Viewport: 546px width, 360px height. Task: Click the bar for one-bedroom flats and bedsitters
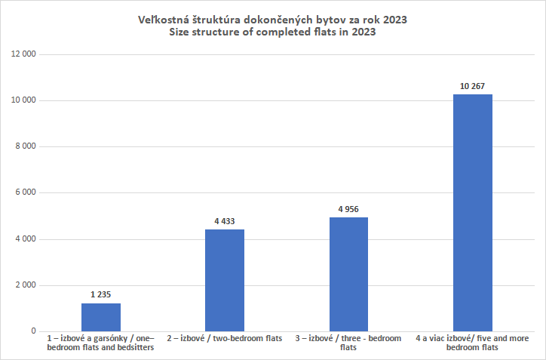pos(101,317)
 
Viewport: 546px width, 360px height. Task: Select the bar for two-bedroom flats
pos(225,280)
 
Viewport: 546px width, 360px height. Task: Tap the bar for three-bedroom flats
pos(348,274)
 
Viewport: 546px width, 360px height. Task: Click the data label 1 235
pos(100,294)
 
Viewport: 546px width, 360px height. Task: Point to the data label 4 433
pos(225,221)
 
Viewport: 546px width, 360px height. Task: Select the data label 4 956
pos(348,209)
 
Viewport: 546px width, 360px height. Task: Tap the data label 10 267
pos(473,86)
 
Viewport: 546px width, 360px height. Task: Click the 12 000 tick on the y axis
pos(26,54)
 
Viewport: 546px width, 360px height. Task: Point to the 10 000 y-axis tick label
pos(26,100)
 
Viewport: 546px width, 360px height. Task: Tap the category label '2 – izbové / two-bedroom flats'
pos(225,339)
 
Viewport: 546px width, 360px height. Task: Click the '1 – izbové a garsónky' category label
pos(100,343)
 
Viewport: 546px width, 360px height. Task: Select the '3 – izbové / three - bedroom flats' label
pos(348,343)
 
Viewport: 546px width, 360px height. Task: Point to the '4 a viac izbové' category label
pos(473,343)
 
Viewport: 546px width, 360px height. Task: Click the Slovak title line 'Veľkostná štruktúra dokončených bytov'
pos(273,20)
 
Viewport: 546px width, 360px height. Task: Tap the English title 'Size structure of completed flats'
pos(273,32)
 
